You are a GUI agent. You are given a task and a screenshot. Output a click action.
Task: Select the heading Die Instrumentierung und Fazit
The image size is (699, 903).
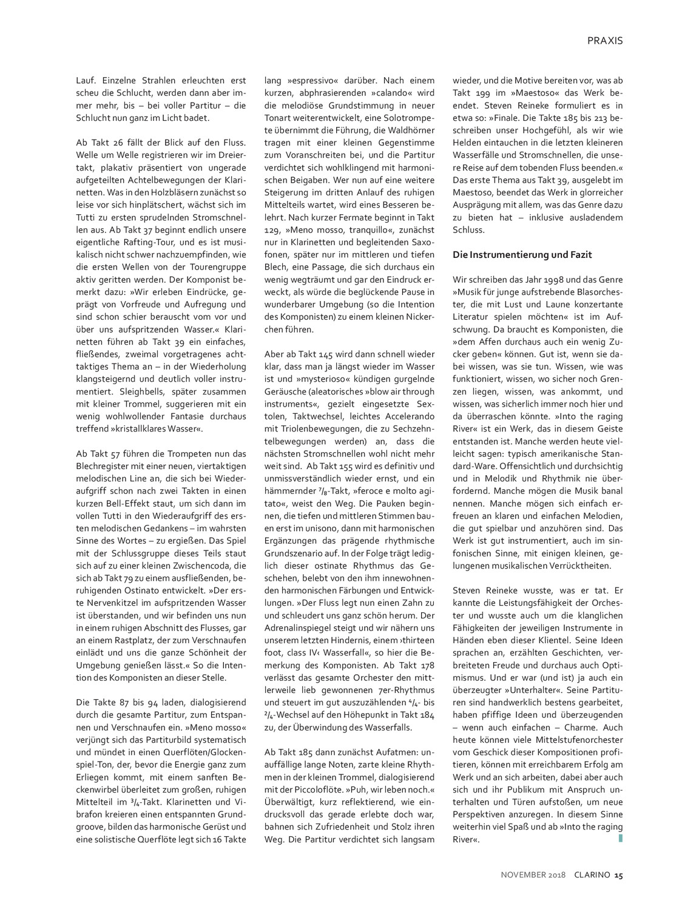[522, 255]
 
